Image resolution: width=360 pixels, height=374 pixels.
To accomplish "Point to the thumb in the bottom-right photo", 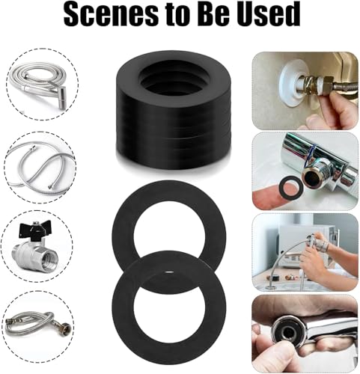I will pyautogui.click(x=269, y=352).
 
